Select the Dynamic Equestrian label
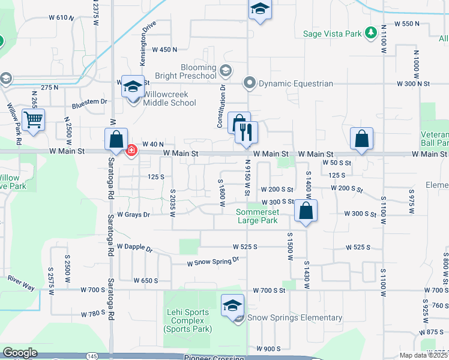coord(295,83)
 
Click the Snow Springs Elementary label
coord(295,318)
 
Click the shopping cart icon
coord(34,119)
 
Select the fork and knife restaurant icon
coord(246,132)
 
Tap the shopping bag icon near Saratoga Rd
coord(116,139)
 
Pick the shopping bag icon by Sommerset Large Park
coord(306,211)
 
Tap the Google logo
coord(20,353)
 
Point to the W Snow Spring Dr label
coord(213,261)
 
